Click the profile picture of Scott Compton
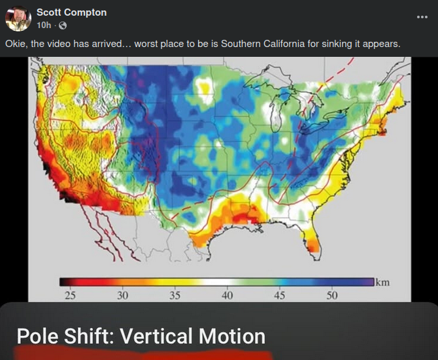point(18,18)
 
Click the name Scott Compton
point(71,12)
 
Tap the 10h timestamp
point(44,25)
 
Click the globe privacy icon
point(63,25)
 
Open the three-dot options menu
point(422,17)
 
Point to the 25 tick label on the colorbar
point(70,295)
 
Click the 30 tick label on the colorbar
point(122,295)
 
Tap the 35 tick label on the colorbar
point(175,295)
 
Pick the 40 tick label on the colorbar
point(227,295)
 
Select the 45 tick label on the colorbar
point(279,295)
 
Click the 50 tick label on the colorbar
point(332,295)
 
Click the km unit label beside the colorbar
point(382,282)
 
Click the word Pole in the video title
point(38,336)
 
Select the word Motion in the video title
point(232,336)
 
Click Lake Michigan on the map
point(275,113)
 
